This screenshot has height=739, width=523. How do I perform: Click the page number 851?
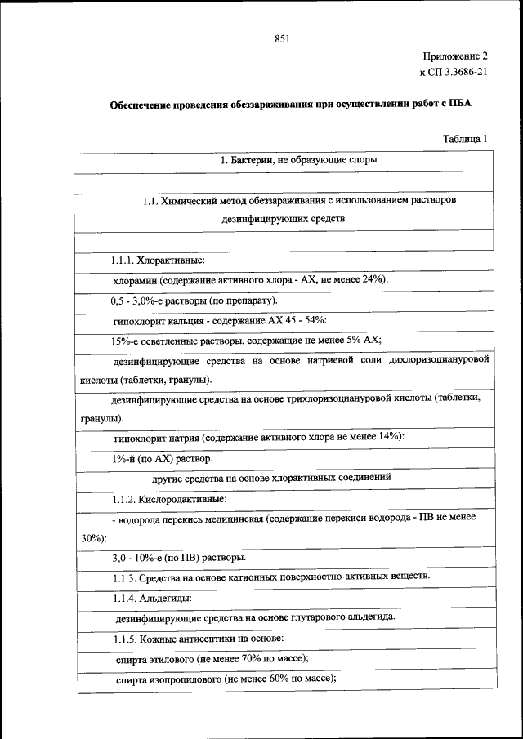point(283,38)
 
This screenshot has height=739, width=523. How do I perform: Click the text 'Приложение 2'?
point(454,57)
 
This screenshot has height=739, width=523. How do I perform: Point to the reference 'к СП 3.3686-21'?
point(453,73)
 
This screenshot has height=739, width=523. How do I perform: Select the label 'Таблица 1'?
point(465,139)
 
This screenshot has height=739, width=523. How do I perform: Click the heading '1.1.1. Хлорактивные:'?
point(159,260)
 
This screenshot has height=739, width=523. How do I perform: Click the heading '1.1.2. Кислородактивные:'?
point(169,497)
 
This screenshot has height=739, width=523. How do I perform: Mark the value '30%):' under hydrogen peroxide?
point(94,538)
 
